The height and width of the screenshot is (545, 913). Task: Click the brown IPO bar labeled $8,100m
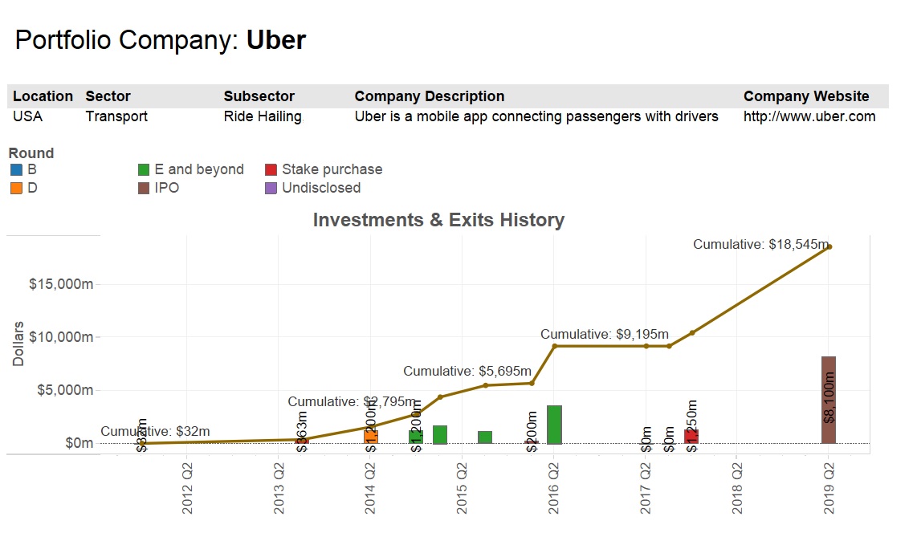(829, 400)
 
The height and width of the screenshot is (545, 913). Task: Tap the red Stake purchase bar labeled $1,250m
(691, 436)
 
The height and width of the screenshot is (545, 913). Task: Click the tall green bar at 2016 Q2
(554, 425)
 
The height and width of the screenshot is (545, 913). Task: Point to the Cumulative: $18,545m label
(760, 244)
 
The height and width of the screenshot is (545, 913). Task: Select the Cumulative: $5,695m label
(467, 371)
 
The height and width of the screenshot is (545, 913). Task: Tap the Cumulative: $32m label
(155, 432)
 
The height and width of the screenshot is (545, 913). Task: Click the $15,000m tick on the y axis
(61, 285)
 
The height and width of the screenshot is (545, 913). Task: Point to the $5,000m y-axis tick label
(64, 390)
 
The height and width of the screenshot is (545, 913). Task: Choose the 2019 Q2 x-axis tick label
(829, 486)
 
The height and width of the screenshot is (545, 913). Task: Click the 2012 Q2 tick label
(187, 486)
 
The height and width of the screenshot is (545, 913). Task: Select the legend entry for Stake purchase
(332, 169)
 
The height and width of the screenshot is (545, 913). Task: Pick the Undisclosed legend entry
(320, 188)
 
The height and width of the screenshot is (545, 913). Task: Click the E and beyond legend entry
(198, 169)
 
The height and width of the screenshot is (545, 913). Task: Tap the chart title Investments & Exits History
(438, 220)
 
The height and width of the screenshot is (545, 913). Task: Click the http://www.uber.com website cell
(809, 116)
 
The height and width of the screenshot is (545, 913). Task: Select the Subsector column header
(259, 96)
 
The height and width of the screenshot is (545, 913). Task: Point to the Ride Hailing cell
(263, 116)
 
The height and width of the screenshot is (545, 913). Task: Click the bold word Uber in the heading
(275, 40)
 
